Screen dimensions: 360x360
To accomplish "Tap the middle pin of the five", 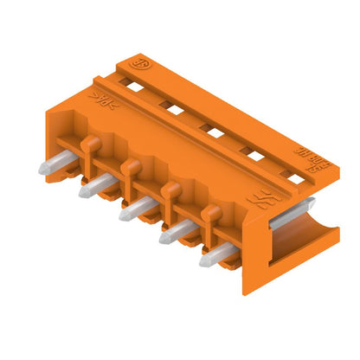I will pyautogui.click(x=131, y=209).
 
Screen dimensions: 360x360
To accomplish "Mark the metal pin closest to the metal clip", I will pyautogui.click(x=216, y=254).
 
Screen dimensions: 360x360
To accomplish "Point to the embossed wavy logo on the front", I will pyautogui.click(x=257, y=202).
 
